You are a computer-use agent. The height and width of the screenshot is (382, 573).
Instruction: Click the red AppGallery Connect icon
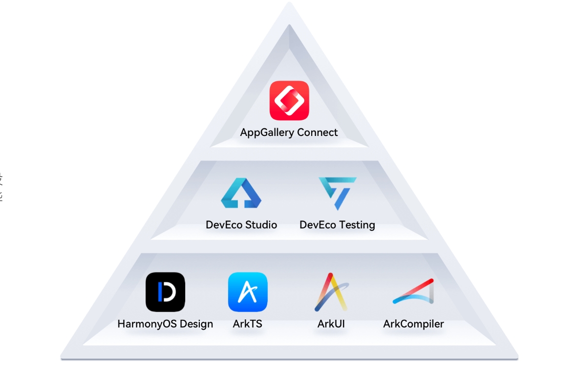click(289, 100)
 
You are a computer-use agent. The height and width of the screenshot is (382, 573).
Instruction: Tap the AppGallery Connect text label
click(289, 133)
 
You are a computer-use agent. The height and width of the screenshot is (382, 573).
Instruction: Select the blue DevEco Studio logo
click(241, 193)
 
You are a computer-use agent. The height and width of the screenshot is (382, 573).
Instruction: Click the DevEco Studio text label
click(241, 225)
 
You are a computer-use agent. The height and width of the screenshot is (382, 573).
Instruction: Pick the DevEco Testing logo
click(338, 193)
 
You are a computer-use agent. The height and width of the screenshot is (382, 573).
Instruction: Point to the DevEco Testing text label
click(337, 225)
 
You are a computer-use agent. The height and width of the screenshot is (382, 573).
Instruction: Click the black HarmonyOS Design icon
click(165, 292)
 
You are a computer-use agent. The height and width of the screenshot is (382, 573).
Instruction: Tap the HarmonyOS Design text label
click(165, 324)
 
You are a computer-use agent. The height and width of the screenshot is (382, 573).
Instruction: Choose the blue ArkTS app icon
click(248, 292)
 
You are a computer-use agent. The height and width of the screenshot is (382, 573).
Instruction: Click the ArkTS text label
click(248, 324)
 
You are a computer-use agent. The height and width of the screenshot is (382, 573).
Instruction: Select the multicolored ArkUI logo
click(331, 292)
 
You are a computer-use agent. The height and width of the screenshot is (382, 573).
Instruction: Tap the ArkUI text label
click(331, 324)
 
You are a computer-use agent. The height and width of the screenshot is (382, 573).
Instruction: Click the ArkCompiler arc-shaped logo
click(413, 292)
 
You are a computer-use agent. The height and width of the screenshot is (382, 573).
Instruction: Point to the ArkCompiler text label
click(413, 324)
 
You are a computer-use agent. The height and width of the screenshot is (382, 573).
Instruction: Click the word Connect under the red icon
click(318, 133)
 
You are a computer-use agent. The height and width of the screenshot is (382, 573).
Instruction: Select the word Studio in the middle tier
click(259, 225)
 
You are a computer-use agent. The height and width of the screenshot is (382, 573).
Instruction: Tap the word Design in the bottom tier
click(196, 324)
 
